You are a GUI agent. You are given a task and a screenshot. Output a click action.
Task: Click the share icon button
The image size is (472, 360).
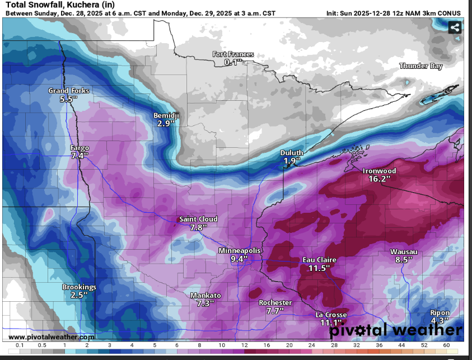click(x=455, y=27)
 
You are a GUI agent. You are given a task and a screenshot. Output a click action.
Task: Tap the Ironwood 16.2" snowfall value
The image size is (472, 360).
click(x=379, y=179)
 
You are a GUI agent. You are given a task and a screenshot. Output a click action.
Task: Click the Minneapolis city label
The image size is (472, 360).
click(x=239, y=251)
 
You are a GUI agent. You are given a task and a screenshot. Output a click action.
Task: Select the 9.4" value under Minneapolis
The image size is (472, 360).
click(x=240, y=259)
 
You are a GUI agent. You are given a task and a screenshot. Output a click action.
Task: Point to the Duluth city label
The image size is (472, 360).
click(x=292, y=153)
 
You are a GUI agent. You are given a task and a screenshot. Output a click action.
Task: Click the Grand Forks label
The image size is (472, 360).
click(x=68, y=91)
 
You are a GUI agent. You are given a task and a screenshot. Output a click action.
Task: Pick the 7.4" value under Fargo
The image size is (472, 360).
click(x=80, y=156)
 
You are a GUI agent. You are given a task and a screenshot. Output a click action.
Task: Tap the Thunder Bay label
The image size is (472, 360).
click(x=420, y=66)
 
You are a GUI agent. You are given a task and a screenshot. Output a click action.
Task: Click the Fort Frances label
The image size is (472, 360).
click(x=233, y=54)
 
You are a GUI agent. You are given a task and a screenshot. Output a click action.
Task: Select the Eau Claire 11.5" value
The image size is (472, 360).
click(x=319, y=269)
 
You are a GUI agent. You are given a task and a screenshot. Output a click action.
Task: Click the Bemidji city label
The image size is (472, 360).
click(x=166, y=115)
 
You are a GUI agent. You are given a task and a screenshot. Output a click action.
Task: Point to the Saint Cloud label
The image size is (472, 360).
click(x=198, y=219)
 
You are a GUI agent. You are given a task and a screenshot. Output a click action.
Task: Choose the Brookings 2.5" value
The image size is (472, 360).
click(x=79, y=295)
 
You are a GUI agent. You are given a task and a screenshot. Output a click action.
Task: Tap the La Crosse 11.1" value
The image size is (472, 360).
click(x=331, y=322)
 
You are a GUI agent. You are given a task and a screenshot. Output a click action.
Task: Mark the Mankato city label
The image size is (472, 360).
click(x=205, y=295)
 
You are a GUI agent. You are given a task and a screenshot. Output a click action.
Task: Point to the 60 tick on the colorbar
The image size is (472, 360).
click(x=446, y=345)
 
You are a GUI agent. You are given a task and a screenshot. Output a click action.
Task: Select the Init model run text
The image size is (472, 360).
click(x=395, y=13)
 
